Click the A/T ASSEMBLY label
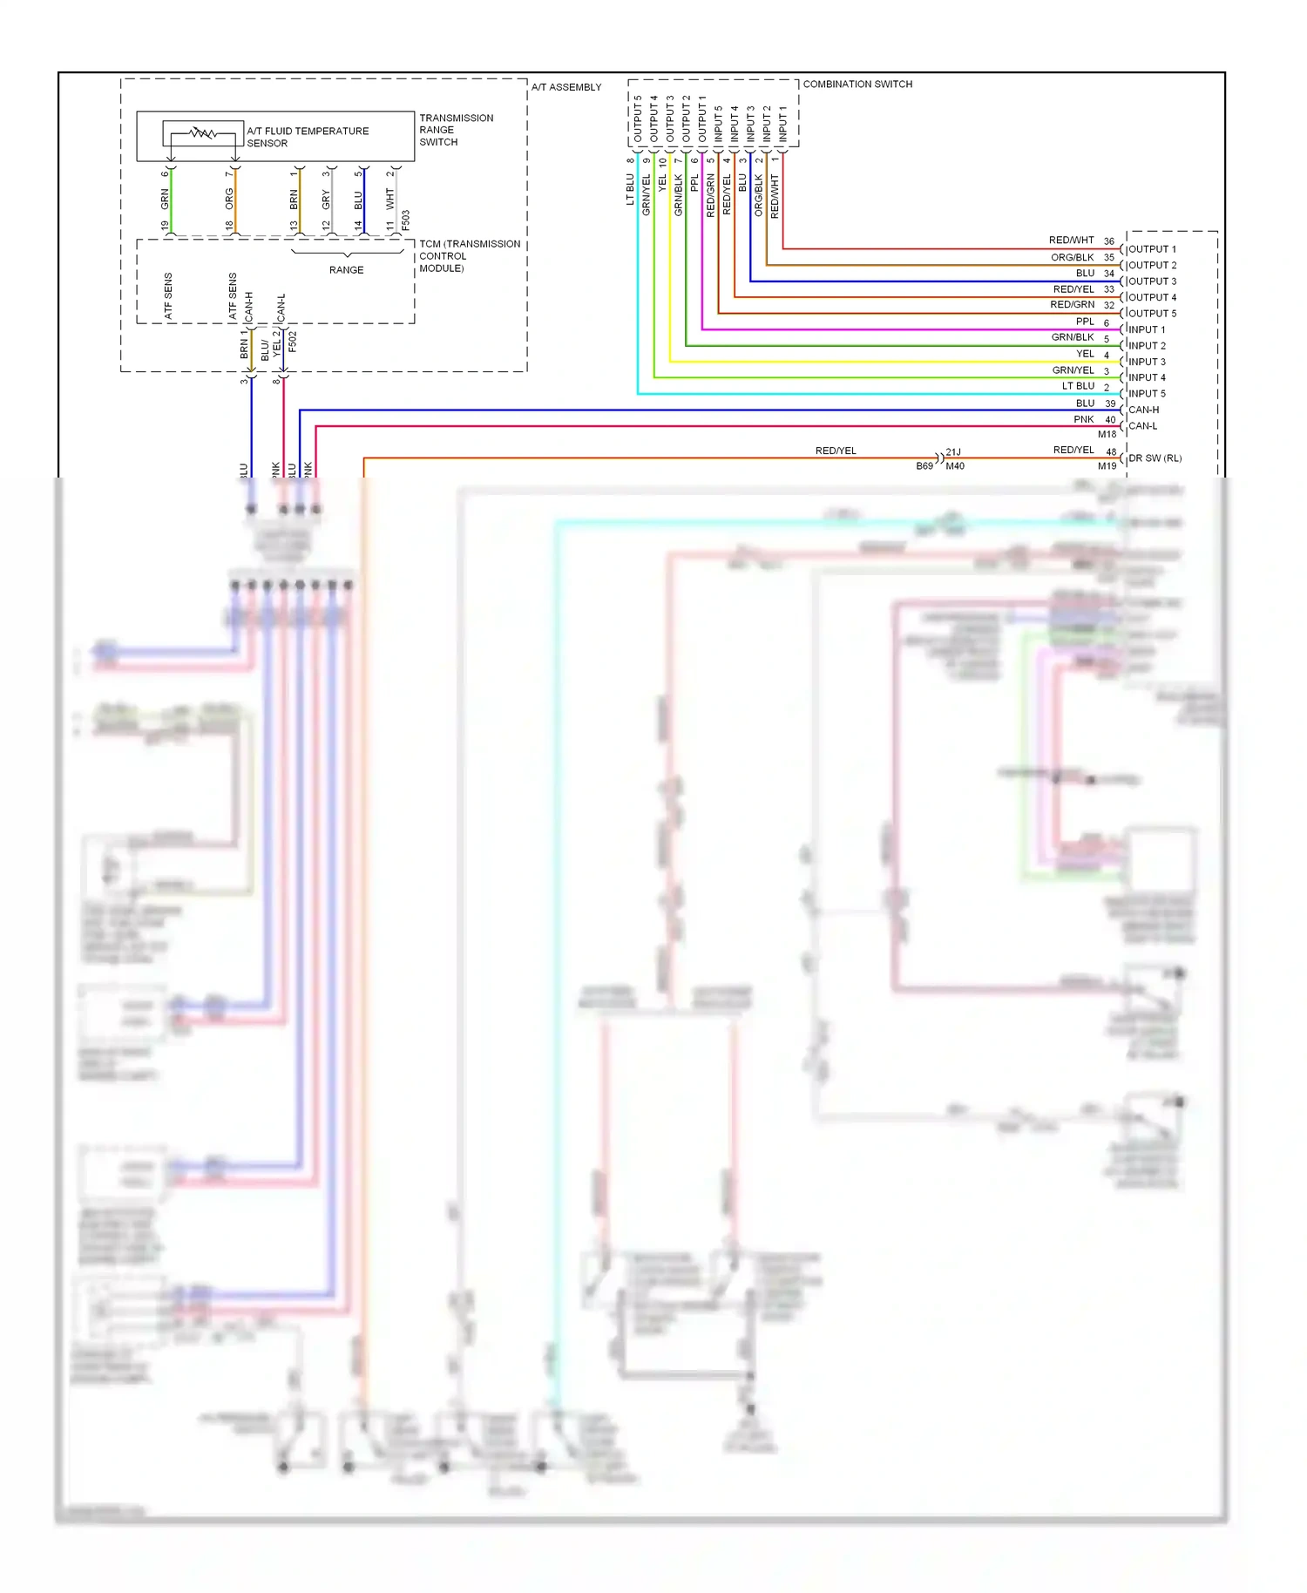tap(566, 87)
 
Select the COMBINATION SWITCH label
tap(857, 85)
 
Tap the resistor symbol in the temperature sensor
tap(202, 133)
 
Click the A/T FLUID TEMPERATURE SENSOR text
tap(307, 137)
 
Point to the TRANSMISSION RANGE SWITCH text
tap(456, 130)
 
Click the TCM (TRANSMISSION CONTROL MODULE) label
tap(469, 256)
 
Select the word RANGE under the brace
tap(346, 270)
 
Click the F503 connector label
tap(406, 220)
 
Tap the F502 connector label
tap(293, 341)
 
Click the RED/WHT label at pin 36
tap(1071, 240)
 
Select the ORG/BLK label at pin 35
tap(1072, 257)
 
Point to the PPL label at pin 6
tap(1084, 322)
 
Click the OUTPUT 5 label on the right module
tap(1152, 314)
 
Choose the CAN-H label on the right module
tap(1143, 410)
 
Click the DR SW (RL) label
tap(1155, 458)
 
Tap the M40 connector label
tap(955, 466)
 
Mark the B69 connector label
tap(924, 466)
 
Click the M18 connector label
tap(1107, 434)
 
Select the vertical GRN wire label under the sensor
tap(165, 199)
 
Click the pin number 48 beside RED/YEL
tap(1111, 452)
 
